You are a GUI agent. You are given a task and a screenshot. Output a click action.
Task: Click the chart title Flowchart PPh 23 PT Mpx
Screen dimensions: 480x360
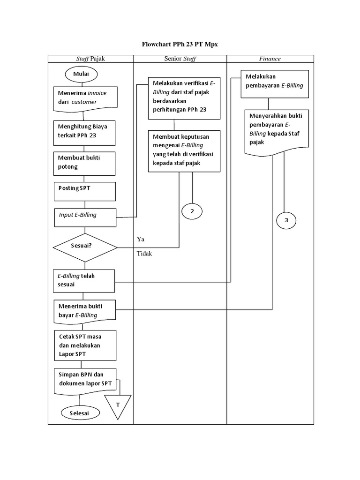pos(180,45)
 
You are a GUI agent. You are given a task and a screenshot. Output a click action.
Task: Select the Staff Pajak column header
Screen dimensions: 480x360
pos(91,59)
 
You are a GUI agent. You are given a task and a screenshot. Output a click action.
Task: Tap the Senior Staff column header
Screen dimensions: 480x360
pos(180,59)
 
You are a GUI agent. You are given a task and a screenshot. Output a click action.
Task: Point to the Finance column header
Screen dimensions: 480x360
pos(270,59)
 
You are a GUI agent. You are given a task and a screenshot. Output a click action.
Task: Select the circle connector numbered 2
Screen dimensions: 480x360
pos(192,211)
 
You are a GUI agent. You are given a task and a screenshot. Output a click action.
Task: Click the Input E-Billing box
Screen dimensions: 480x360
pos(85,217)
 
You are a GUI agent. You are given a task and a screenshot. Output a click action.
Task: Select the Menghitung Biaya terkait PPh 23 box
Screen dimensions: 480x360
pos(85,131)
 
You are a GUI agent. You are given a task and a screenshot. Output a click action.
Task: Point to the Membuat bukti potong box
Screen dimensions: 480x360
pos(85,162)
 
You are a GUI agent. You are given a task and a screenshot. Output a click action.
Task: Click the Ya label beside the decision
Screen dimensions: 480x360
pos(140,239)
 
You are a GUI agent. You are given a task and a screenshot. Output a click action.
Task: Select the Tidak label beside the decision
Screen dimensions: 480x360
pos(144,254)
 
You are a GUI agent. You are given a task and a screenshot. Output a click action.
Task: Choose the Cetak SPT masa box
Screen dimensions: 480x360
pos(85,345)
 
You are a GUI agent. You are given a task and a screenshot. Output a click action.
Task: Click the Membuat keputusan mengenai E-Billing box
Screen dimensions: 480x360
pos(184,150)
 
